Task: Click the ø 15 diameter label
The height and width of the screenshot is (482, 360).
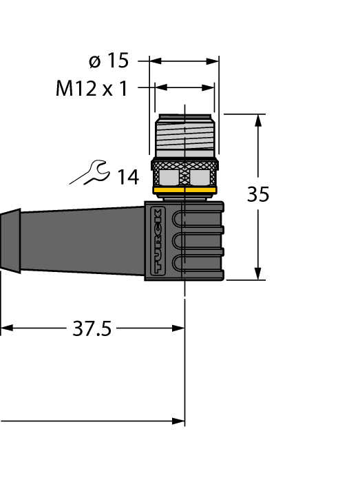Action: pos(109,61)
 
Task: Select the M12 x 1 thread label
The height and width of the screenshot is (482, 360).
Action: pos(92,88)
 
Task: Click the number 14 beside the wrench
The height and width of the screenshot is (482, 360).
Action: pos(127,178)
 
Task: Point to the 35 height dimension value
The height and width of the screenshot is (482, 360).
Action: pos(258,196)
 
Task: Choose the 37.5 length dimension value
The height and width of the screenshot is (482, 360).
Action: pos(92,329)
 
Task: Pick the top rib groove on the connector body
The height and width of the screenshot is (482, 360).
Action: pos(200,220)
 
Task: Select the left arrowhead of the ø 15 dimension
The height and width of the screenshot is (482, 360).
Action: pos(155,61)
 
